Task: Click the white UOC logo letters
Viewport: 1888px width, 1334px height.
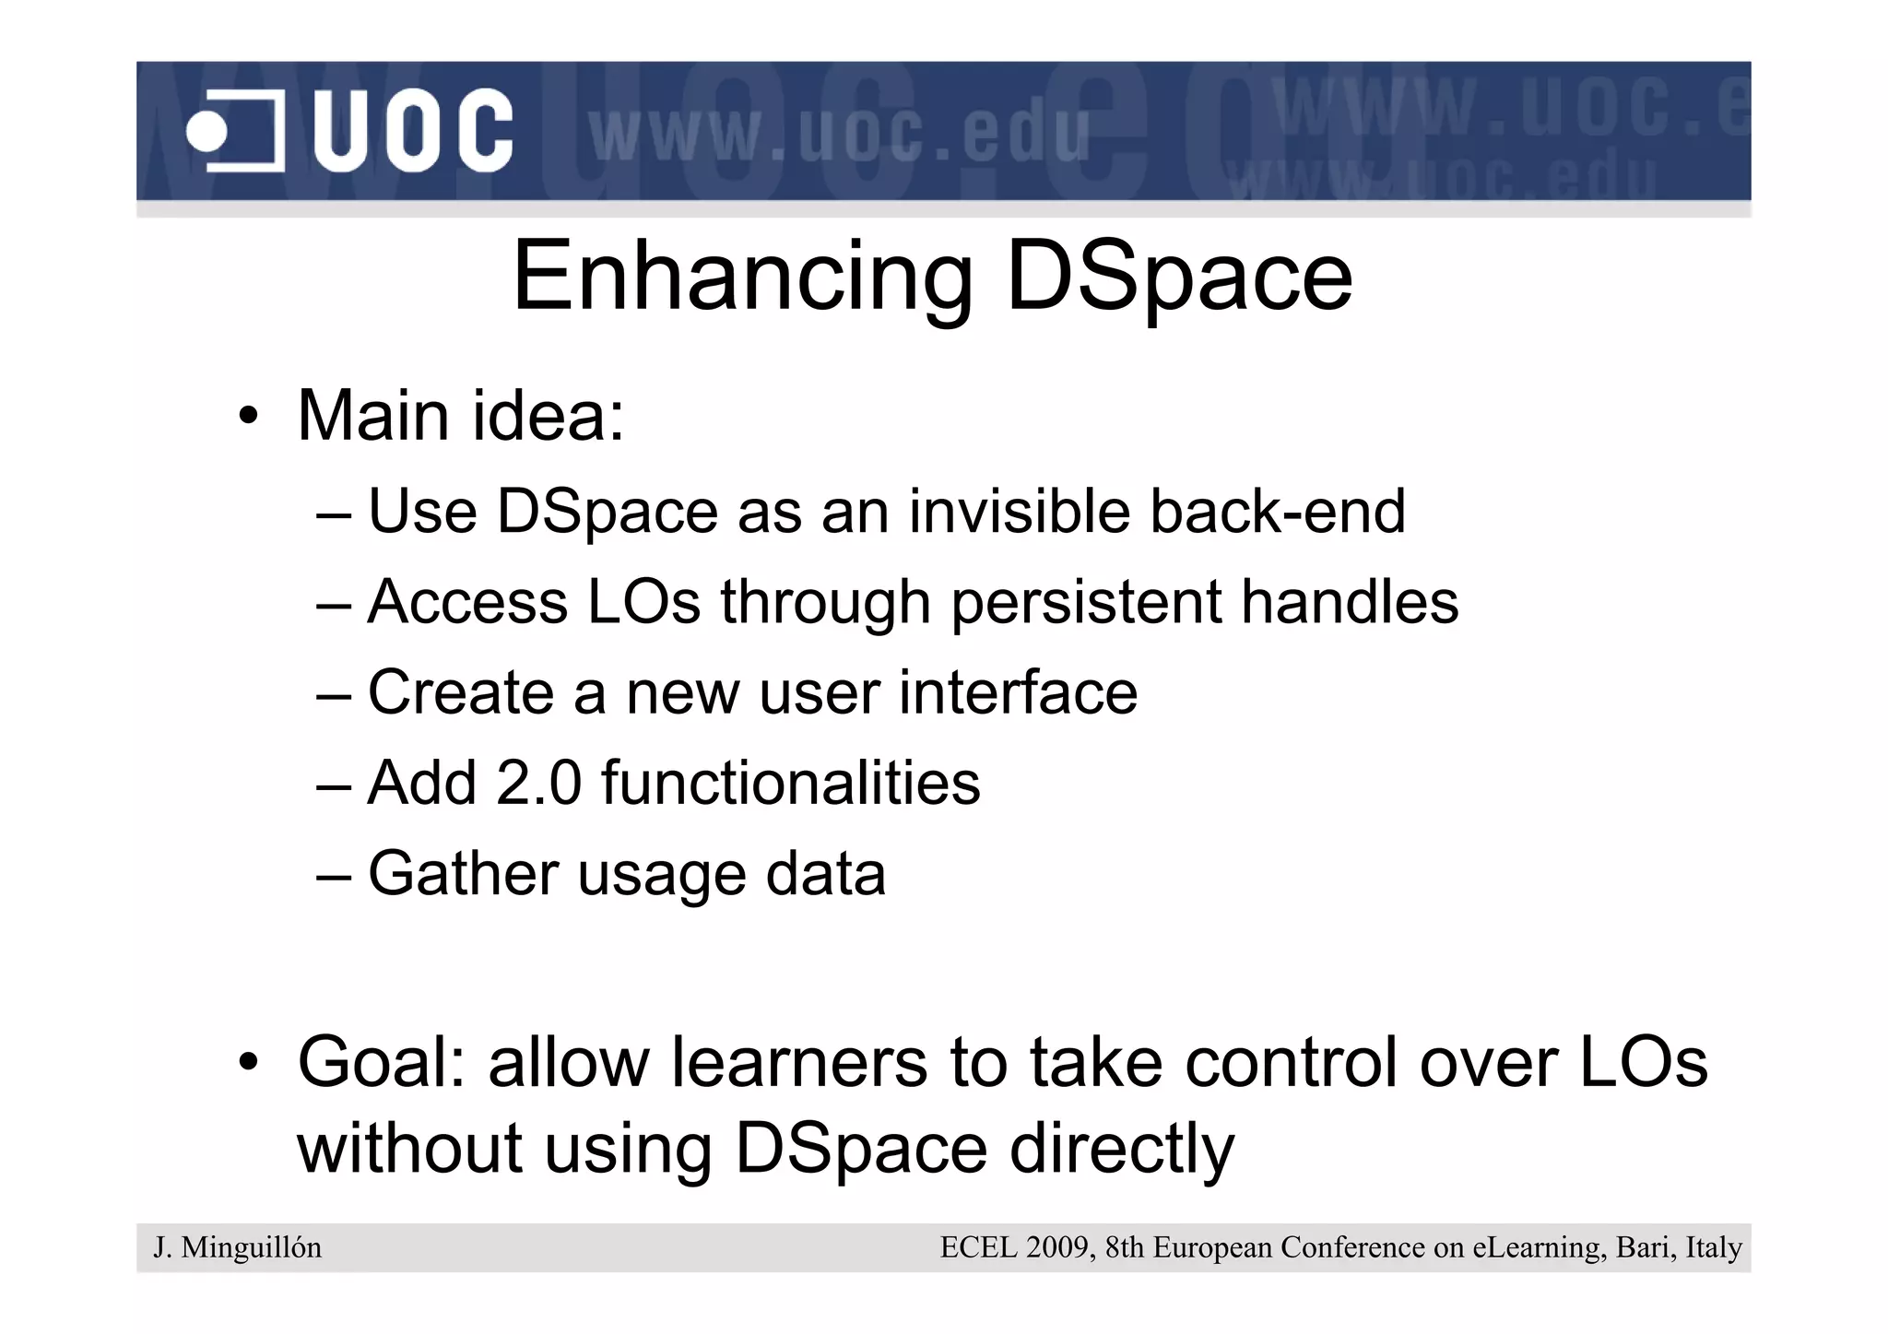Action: point(412,131)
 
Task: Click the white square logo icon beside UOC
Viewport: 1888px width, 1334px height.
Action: point(236,132)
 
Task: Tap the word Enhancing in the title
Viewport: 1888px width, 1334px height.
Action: point(742,277)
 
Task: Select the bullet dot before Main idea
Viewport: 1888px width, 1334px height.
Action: point(247,418)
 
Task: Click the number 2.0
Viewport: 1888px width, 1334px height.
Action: point(538,783)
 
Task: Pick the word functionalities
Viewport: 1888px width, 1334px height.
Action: point(790,783)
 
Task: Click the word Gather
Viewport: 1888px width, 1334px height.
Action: point(463,873)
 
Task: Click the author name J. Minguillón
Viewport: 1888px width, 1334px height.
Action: point(238,1247)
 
